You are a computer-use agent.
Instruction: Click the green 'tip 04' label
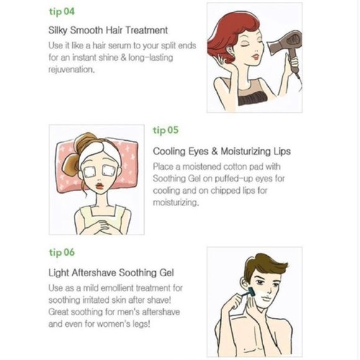coord(62,11)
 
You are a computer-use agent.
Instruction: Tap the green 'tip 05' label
coord(166,130)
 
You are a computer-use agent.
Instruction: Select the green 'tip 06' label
coord(62,253)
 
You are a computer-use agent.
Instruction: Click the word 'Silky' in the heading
coord(58,30)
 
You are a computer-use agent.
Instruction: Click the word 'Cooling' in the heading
coord(169,152)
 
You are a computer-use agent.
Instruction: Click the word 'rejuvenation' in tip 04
coord(71,70)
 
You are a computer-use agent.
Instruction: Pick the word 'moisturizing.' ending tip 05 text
coord(176,202)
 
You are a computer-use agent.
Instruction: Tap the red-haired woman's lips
coord(256,56)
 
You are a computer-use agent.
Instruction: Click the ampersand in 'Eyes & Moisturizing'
coord(214,151)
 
